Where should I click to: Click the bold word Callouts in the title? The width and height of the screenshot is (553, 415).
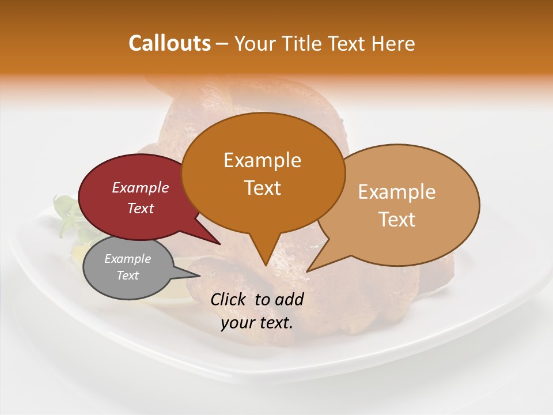(169, 43)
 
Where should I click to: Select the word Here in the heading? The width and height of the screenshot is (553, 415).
(394, 43)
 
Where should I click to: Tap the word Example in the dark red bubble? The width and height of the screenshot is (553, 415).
(141, 187)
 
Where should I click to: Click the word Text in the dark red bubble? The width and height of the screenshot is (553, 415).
(141, 208)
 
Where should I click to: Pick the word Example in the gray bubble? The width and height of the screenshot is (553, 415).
(127, 259)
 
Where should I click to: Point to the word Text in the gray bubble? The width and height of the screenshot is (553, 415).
(127, 276)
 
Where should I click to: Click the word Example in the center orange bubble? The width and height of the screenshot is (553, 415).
(262, 160)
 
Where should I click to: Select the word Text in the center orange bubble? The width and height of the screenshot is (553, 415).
(262, 188)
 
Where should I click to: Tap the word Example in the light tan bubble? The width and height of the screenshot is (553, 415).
(397, 192)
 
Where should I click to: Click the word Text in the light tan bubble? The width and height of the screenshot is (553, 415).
(397, 219)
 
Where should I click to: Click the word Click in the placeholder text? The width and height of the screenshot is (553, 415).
(230, 299)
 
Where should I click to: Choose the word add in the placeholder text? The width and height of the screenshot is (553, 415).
(290, 299)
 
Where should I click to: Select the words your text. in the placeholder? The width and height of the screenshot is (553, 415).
(257, 323)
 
